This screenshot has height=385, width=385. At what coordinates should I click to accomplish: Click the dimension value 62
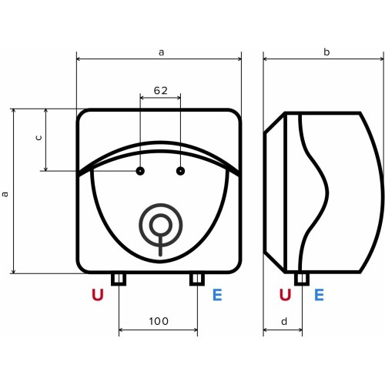tap(160, 90)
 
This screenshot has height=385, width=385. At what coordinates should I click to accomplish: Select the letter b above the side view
tap(326, 52)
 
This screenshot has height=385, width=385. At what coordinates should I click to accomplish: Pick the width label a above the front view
tap(161, 52)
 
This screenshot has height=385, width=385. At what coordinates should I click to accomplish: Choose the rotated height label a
tap(5, 194)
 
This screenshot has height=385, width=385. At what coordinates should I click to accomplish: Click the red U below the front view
tap(98, 295)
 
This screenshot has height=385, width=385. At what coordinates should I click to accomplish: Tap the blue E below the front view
tap(217, 295)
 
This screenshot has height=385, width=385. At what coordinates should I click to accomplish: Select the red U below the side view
tap(286, 295)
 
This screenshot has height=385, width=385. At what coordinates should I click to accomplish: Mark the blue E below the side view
tap(319, 295)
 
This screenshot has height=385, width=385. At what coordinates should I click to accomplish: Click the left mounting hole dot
tap(140, 170)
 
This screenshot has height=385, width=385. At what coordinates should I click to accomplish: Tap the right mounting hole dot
tap(181, 170)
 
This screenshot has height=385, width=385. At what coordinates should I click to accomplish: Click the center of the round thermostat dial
tap(160, 225)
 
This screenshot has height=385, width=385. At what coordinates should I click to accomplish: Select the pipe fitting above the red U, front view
tap(119, 278)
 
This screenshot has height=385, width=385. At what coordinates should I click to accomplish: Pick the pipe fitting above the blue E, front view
tap(196, 278)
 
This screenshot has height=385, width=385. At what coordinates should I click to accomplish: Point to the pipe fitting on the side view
tap(302, 278)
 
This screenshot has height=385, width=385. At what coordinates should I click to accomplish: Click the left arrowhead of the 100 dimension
tap(121, 332)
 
